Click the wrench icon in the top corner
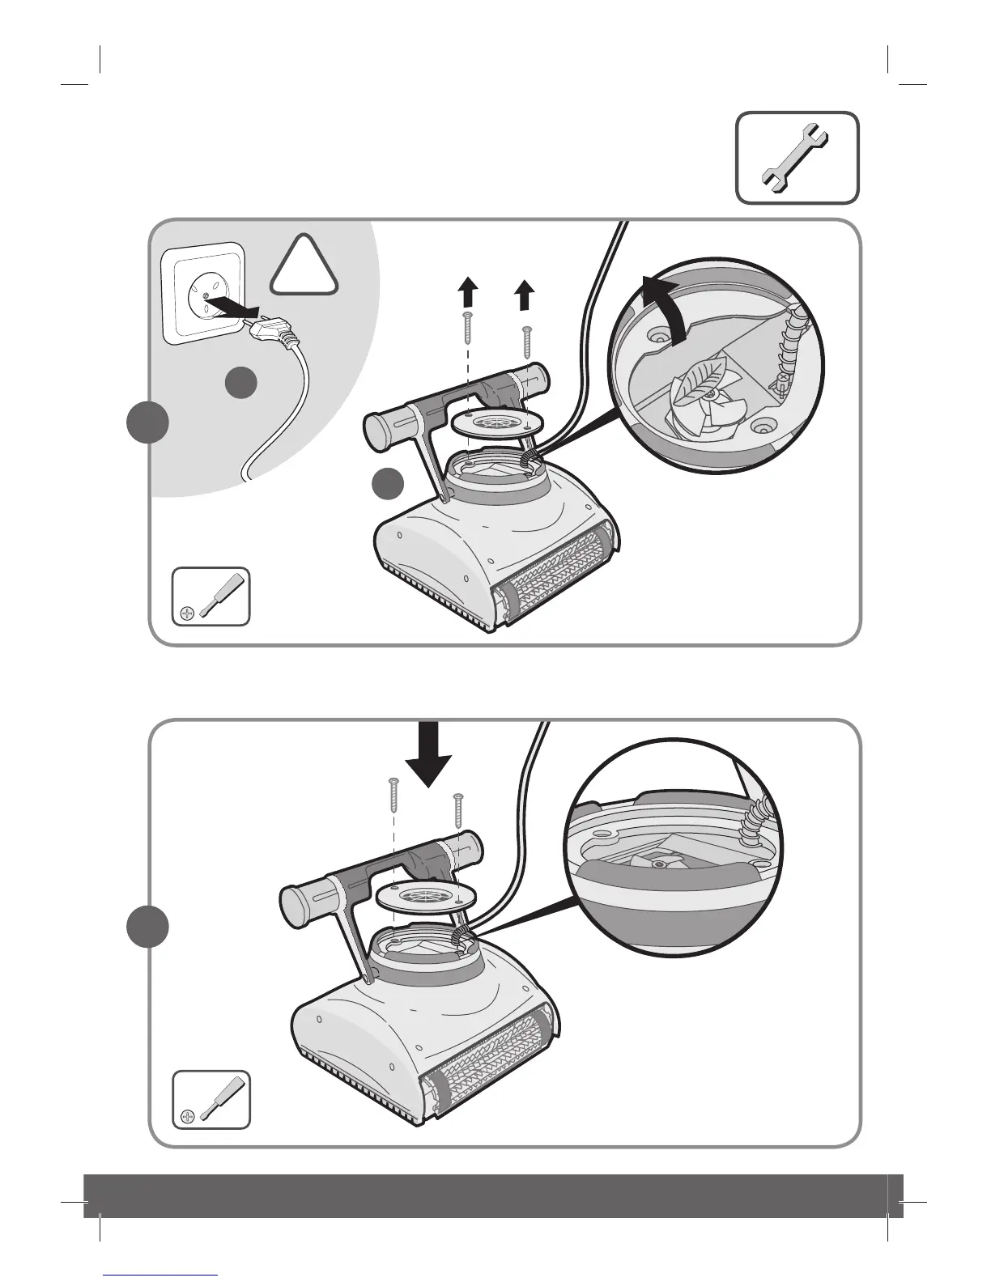797,157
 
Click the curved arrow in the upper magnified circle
661,306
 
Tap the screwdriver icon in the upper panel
211,597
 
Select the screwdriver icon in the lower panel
211,1101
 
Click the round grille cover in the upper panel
493,422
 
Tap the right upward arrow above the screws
525,295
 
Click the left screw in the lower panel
394,794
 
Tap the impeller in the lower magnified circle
658,864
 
